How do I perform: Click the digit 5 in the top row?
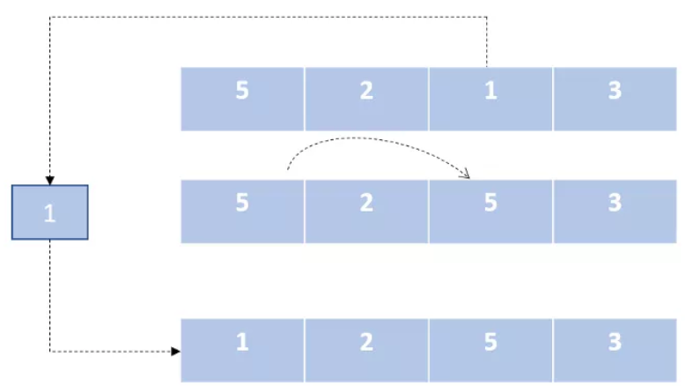point(242,90)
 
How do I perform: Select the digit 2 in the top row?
point(366,90)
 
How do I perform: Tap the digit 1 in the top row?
point(490,90)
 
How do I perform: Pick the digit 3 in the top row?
point(615,90)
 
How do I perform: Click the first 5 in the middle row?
point(242,203)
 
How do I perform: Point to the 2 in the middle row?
point(366,203)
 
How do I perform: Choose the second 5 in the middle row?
point(490,203)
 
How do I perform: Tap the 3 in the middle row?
point(615,203)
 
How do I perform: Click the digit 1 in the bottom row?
point(242,342)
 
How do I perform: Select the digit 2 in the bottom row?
point(366,342)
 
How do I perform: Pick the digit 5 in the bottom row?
point(490,342)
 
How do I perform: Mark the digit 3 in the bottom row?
point(615,342)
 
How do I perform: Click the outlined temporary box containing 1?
point(50,212)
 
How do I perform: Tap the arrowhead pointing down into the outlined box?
point(50,181)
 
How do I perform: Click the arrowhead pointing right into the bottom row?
point(176,352)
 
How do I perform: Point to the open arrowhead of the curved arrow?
point(466,175)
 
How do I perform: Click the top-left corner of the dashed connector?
point(50,18)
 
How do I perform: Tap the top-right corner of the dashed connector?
point(487,18)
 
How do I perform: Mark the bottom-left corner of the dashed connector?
point(50,352)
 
